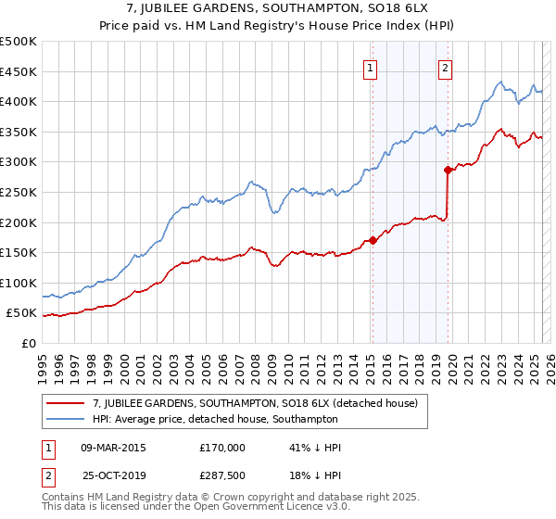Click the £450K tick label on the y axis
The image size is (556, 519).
[19, 71]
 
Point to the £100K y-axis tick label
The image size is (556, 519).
[19, 283]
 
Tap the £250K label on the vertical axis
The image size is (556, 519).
[19, 192]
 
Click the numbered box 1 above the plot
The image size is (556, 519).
[371, 67]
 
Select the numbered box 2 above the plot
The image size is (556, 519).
[446, 67]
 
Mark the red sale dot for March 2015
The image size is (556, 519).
[373, 240]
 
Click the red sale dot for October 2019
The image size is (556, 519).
[448, 170]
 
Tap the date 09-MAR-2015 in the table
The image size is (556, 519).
[113, 448]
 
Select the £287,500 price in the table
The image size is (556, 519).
[222, 475]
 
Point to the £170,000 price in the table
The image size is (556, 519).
[222, 448]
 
